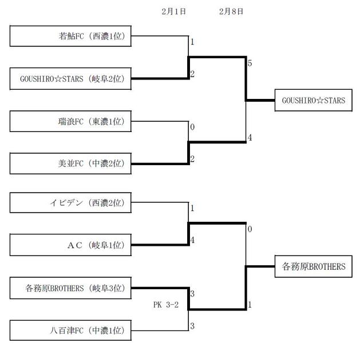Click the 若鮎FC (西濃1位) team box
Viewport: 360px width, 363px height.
click(x=70, y=37)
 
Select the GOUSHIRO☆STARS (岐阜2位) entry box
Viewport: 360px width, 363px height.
click(x=70, y=79)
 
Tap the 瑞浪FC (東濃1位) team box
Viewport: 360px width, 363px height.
click(x=70, y=121)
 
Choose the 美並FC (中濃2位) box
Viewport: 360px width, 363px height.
click(x=70, y=163)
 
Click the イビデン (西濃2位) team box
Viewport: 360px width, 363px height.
click(x=70, y=203)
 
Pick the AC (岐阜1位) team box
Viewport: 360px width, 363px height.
click(x=70, y=245)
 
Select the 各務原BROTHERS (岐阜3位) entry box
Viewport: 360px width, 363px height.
click(x=70, y=288)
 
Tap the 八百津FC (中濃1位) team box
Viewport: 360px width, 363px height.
click(x=70, y=330)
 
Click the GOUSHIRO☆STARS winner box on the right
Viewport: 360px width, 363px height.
click(x=314, y=100)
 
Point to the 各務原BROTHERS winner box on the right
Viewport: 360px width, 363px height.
click(x=314, y=266)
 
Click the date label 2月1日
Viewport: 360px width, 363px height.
click(x=173, y=11)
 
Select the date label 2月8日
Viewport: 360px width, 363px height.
click(x=231, y=11)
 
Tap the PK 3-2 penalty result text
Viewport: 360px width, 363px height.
click(x=166, y=305)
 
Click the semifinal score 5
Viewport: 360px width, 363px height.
click(x=250, y=63)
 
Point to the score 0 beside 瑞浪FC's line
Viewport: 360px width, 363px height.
click(x=192, y=127)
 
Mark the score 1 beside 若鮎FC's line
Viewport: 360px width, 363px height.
click(x=192, y=42)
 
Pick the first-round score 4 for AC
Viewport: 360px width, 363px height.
click(x=192, y=240)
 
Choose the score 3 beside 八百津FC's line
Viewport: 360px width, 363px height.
click(x=192, y=326)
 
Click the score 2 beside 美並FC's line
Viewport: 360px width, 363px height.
click(x=192, y=159)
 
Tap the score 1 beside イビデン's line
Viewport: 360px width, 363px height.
click(x=192, y=209)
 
